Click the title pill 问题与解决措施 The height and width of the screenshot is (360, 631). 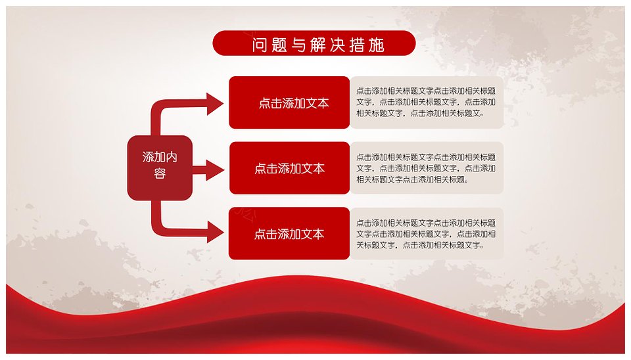pos(314,43)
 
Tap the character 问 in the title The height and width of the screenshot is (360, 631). pos(260,45)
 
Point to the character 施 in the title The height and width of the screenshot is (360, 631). pos(377,45)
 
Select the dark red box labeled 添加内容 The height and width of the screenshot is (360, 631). pos(160,168)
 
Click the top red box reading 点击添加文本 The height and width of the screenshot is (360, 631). pos(289,102)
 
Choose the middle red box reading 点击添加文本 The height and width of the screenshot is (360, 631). pos(289,168)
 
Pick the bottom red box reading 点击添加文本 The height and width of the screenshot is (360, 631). pos(289,233)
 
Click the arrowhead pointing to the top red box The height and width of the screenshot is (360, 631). pos(215,104)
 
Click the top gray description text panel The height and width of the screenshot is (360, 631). pos(427,102)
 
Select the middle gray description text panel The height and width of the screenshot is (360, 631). pos(427,168)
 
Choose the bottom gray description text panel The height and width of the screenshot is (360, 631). pos(427,233)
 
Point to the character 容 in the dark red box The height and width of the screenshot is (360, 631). pos(160,174)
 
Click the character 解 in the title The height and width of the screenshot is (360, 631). pos(318,45)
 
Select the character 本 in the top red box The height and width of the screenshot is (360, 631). pos(323,103)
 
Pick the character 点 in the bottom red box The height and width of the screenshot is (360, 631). pos(260,234)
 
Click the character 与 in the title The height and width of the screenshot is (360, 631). pos(298,45)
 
